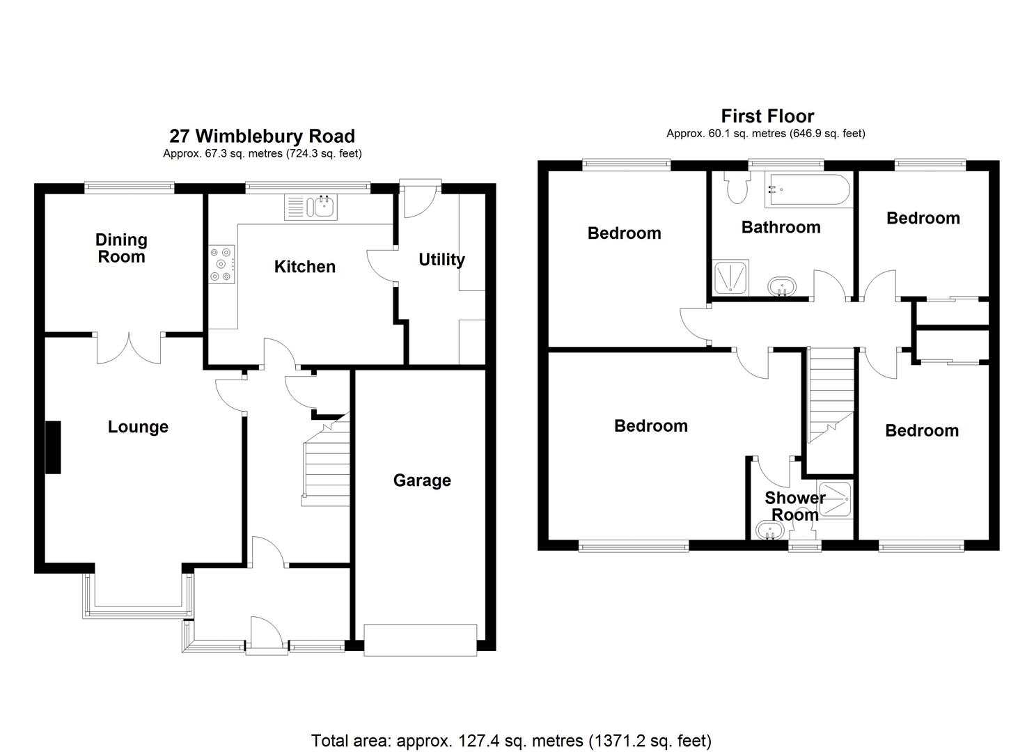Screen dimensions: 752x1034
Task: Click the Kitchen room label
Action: click(304, 267)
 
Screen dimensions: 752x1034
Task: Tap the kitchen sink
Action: click(323, 207)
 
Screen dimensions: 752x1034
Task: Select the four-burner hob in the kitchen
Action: click(221, 265)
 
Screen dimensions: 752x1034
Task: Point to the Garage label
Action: click(422, 480)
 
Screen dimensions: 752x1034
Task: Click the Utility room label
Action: click(441, 260)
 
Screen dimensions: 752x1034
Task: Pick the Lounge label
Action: click(138, 427)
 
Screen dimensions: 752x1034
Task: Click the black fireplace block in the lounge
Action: click(53, 448)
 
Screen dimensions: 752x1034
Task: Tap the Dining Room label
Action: click(121, 249)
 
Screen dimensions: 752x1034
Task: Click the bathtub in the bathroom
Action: click(807, 191)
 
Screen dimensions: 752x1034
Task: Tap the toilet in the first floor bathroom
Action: click(735, 187)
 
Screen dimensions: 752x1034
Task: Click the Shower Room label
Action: click(794, 506)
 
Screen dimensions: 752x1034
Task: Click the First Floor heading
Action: click(767, 116)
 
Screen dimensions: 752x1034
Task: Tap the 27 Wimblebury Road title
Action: click(262, 136)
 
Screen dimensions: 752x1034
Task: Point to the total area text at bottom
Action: click(511, 740)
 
